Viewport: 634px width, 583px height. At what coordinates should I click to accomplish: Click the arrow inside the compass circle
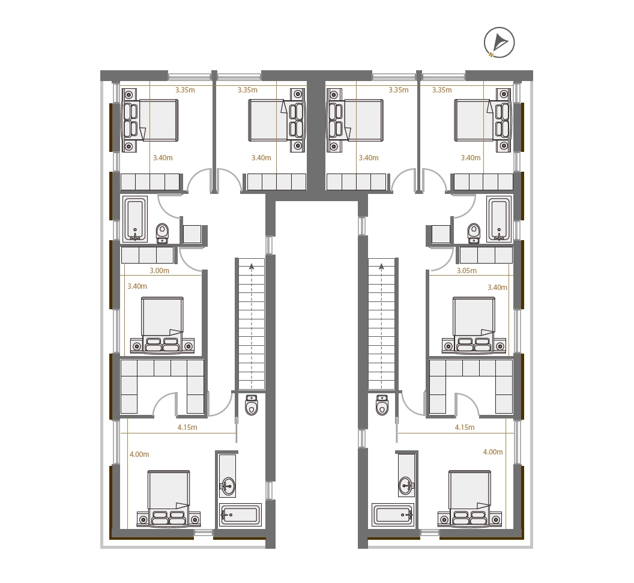501,41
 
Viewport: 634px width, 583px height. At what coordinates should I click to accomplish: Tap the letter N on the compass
491,55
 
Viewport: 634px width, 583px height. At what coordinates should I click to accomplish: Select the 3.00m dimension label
159,270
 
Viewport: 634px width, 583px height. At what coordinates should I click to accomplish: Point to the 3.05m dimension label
466,270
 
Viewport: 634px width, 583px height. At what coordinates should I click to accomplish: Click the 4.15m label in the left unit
187,427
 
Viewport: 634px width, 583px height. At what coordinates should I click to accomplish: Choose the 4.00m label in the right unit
493,452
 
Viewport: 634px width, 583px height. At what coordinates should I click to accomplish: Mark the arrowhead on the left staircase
252,266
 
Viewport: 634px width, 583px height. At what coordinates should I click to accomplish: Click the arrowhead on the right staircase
381,266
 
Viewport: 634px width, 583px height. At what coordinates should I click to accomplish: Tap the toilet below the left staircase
252,405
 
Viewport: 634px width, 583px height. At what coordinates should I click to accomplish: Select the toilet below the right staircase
382,405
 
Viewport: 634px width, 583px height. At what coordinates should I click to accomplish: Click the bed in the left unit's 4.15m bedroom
169,499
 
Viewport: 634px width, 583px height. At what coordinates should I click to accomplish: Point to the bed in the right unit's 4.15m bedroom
469,499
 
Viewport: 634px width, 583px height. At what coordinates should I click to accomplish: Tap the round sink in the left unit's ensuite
228,485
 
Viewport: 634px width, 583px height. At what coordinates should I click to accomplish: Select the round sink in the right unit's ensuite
406,485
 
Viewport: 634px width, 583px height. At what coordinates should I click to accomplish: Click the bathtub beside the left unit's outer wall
134,219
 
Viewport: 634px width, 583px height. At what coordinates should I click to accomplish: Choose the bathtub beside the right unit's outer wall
499,219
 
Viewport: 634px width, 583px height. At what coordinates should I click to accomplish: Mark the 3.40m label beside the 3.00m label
137,286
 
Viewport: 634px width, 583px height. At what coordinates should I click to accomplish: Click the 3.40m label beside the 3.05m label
497,288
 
